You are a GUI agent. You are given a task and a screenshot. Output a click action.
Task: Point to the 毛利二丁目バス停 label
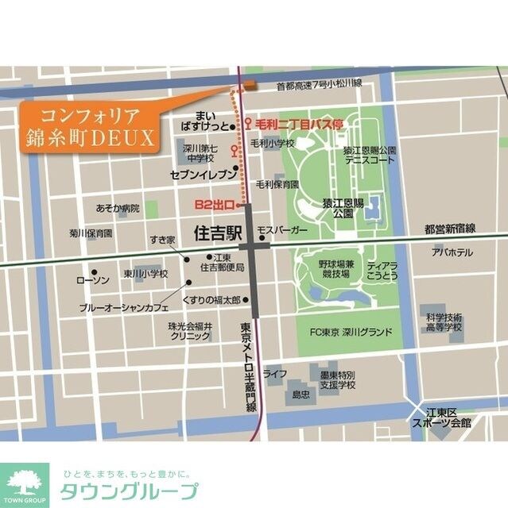[x=299, y=125]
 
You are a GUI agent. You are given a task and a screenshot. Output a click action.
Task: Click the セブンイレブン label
[x=203, y=172]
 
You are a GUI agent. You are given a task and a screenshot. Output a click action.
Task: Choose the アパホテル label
[x=452, y=252]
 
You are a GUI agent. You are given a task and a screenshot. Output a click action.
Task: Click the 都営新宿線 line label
[x=449, y=229]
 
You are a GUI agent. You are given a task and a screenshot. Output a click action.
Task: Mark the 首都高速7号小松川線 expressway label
[x=319, y=83]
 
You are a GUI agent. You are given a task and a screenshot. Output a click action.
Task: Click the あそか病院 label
[x=117, y=208]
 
